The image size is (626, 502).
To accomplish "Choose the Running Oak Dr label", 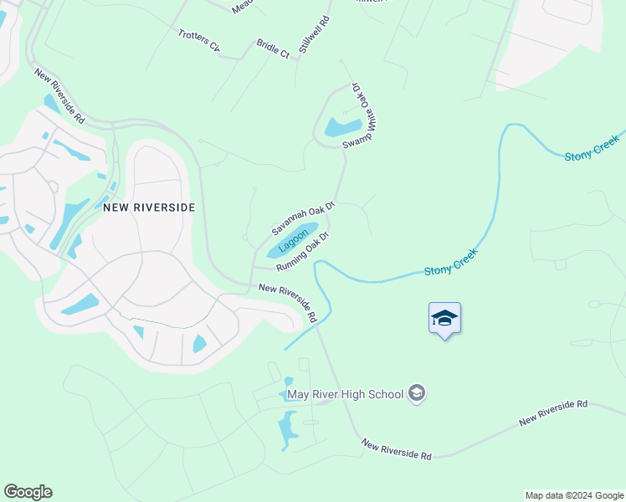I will click(x=302, y=254).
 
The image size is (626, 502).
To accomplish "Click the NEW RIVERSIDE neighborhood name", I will click(x=149, y=207).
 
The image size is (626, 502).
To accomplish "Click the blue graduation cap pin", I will click(x=444, y=319).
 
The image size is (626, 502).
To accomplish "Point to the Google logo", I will click(x=28, y=492).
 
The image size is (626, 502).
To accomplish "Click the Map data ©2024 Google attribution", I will click(x=573, y=495).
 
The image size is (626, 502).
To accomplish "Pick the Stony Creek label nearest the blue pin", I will click(x=451, y=261).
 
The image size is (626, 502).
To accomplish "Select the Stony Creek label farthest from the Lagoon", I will click(x=592, y=146).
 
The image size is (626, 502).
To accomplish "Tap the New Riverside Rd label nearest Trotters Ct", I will click(x=60, y=97).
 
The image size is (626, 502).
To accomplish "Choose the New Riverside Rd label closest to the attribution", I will click(x=553, y=413).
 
